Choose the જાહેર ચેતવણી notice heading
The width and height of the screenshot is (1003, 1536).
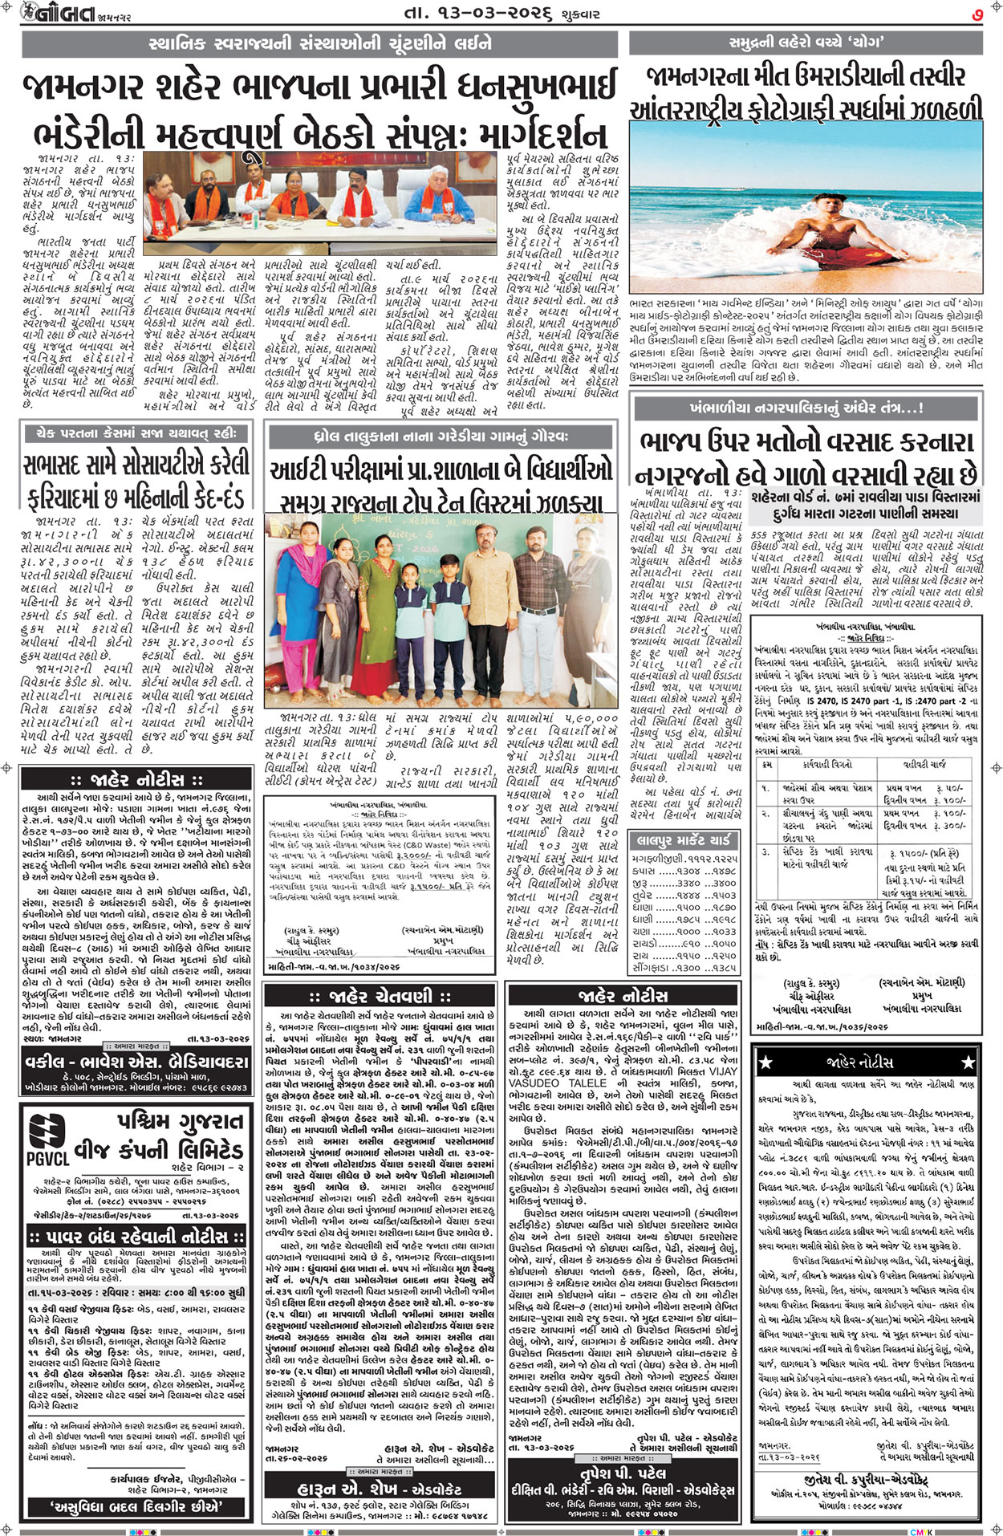[x=381, y=996]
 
